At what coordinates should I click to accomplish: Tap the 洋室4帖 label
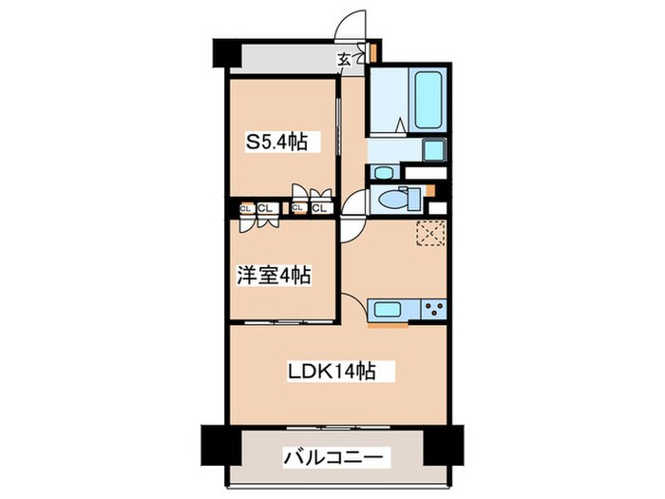(x=273, y=275)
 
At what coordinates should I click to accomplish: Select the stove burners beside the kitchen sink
(x=435, y=308)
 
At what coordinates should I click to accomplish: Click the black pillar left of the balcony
(x=218, y=443)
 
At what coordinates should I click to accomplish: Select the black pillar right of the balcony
(x=442, y=443)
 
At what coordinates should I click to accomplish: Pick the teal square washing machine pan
(x=434, y=149)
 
